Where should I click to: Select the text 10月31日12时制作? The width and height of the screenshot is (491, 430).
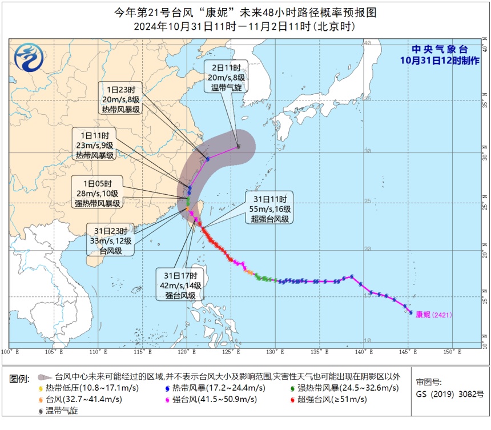click(x=439, y=60)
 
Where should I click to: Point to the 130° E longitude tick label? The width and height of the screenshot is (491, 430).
click(x=276, y=351)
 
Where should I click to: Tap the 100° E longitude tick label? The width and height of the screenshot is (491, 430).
click(x=10, y=351)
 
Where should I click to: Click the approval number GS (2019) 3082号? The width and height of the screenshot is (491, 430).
click(x=450, y=393)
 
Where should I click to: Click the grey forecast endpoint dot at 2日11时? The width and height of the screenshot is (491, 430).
click(x=238, y=147)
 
